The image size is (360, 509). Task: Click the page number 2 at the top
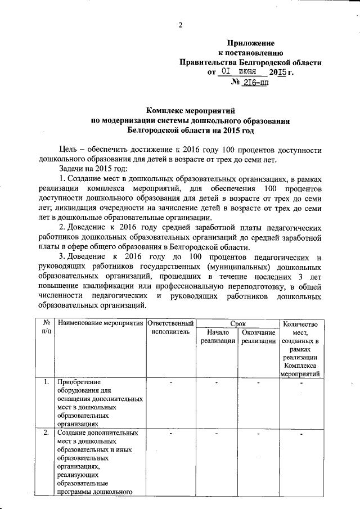point(181,25)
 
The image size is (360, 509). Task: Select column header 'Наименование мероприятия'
point(100,324)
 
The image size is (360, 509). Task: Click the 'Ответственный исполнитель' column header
point(170,328)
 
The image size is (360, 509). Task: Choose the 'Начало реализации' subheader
point(217,337)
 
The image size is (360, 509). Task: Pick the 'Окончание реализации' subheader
point(258,337)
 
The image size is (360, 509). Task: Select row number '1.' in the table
point(45,383)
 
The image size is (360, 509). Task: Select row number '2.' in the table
point(45,434)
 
